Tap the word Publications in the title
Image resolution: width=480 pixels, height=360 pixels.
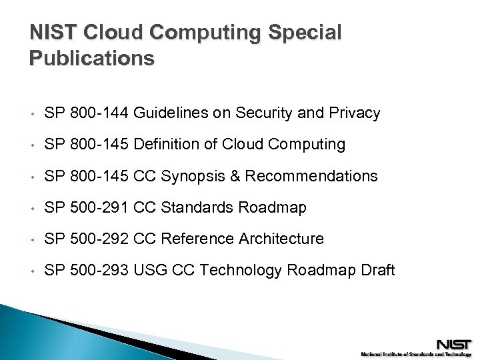click(x=92, y=59)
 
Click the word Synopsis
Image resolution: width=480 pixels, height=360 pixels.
click(x=197, y=176)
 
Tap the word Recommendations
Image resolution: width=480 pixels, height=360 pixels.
click(x=311, y=176)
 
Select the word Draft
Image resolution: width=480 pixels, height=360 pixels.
click(x=378, y=270)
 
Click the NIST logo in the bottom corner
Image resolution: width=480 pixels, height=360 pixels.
click(x=453, y=344)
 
